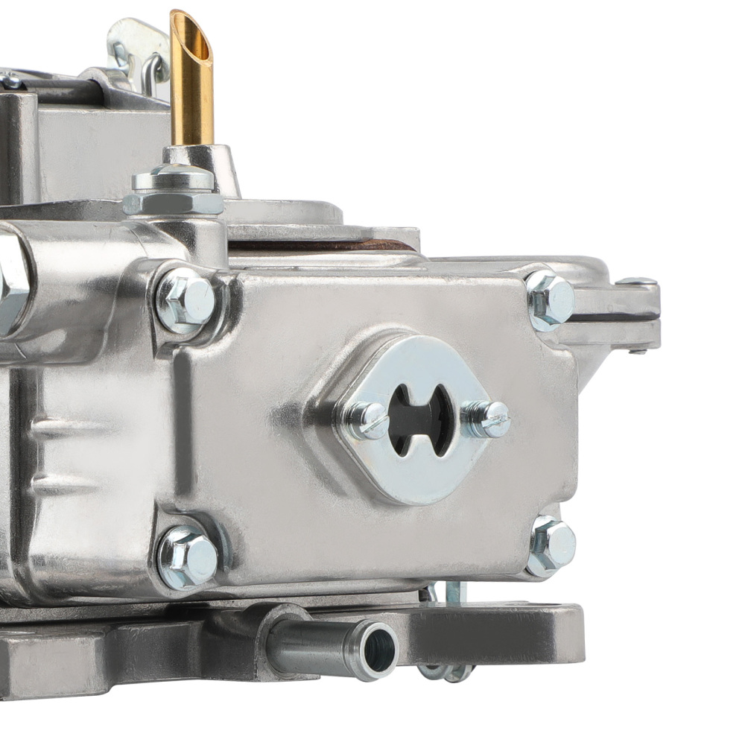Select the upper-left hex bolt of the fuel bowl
(186, 300)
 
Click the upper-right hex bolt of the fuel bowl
(551, 300)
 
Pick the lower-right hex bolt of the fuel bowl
(551, 545)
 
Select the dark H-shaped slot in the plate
(422, 419)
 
